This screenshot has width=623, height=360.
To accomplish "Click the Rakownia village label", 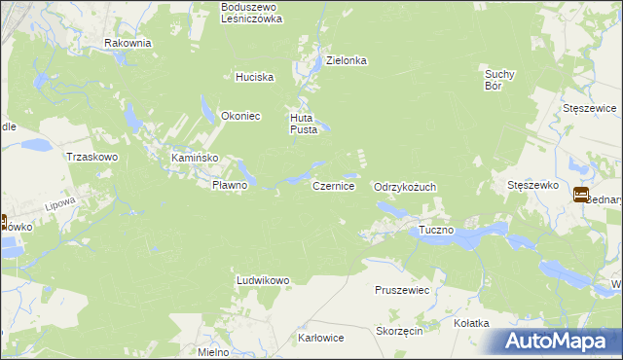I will pos(128,43).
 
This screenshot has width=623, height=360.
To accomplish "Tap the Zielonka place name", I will pos(346,60).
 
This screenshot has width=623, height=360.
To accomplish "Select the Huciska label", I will pos(255,77).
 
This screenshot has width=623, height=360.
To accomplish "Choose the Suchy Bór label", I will pos(498,79).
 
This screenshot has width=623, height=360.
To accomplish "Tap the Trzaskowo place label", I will pos(91,157).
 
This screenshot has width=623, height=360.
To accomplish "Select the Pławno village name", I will pos(233,185).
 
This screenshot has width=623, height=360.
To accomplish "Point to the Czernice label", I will pos(333,185).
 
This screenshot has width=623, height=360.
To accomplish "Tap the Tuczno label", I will pos(436,231).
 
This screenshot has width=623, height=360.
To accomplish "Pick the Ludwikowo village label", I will pos(263,280).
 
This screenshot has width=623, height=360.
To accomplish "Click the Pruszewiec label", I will pos(402,290).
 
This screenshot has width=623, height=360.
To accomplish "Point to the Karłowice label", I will pos(320,339).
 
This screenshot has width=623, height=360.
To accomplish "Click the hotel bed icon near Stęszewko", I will pos(581,195).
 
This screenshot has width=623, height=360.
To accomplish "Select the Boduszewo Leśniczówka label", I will pos(251,12).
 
